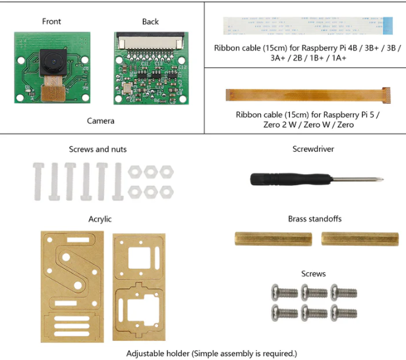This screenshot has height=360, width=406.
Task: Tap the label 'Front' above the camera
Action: point(51,21)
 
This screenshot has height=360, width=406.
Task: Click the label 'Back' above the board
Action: point(150,21)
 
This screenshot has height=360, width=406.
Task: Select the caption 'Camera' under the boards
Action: point(100,121)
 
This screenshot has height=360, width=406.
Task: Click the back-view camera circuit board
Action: point(150,68)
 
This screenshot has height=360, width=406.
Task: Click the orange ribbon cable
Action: point(304,93)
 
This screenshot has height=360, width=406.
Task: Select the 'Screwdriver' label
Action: point(313,149)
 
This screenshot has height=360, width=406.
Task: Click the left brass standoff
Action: point(272,238)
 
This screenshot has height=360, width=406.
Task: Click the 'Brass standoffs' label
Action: point(314,219)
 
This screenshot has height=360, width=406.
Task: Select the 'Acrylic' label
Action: point(100,219)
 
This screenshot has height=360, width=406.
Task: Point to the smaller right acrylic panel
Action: point(138,287)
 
